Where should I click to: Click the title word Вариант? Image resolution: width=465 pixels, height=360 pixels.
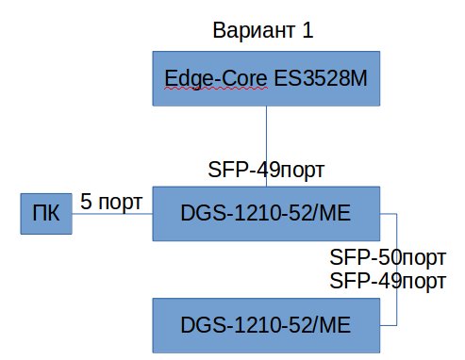point(254,30)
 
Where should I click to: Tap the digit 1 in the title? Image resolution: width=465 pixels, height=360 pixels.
point(307,30)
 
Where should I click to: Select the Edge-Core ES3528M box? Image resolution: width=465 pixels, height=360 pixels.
point(266,78)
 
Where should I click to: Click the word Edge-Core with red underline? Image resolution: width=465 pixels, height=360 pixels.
point(216,78)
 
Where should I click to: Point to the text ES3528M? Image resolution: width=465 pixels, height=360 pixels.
point(321,78)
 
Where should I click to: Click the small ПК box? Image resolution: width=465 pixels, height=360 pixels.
point(46,214)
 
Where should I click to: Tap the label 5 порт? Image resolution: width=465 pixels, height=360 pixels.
point(111,202)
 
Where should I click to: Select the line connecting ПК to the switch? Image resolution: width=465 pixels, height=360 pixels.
point(112,214)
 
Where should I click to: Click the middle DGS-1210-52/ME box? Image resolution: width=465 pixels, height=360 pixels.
point(266,214)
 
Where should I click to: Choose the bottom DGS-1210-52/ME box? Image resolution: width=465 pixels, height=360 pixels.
point(266,325)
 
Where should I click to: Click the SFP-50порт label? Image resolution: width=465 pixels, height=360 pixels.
point(388,257)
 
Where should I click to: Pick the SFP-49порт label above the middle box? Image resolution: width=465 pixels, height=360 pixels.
point(266,170)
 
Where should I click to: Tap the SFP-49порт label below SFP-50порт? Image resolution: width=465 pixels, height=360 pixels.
point(388,281)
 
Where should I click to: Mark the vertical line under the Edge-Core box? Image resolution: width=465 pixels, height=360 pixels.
point(266,146)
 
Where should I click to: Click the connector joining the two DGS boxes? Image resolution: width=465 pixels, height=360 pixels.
point(397,270)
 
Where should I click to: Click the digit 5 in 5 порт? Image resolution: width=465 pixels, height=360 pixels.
point(86,202)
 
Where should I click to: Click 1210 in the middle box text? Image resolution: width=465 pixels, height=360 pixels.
point(257,213)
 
